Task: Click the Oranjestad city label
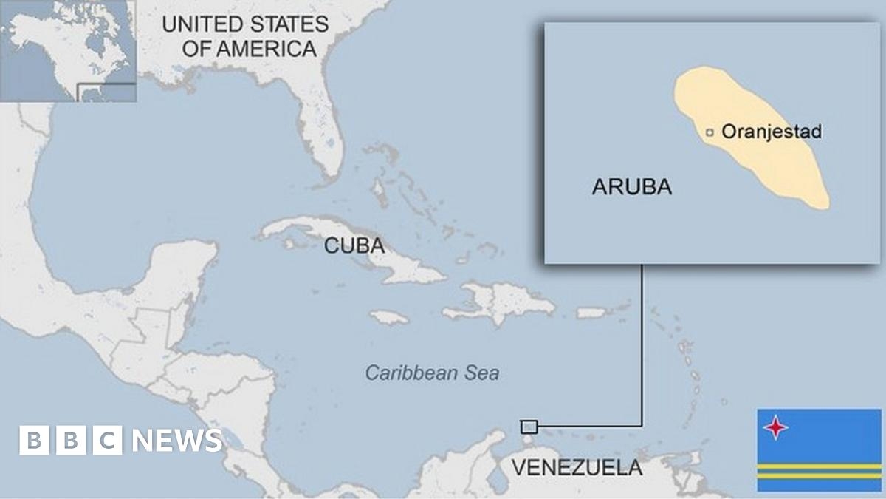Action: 771,132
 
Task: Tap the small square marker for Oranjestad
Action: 710,133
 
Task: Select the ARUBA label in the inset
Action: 631,187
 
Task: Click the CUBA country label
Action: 354,245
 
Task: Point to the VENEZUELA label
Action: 577,467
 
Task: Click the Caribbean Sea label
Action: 433,373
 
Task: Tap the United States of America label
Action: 244,36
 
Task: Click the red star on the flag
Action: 776,427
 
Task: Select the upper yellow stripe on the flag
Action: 819,467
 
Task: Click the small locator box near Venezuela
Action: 529,427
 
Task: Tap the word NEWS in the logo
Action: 176,441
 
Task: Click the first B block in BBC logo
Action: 32,441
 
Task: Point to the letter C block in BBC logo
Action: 108,441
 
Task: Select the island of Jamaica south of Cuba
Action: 389,317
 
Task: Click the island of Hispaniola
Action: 509,302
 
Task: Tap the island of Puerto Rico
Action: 591,313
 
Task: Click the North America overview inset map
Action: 68,50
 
